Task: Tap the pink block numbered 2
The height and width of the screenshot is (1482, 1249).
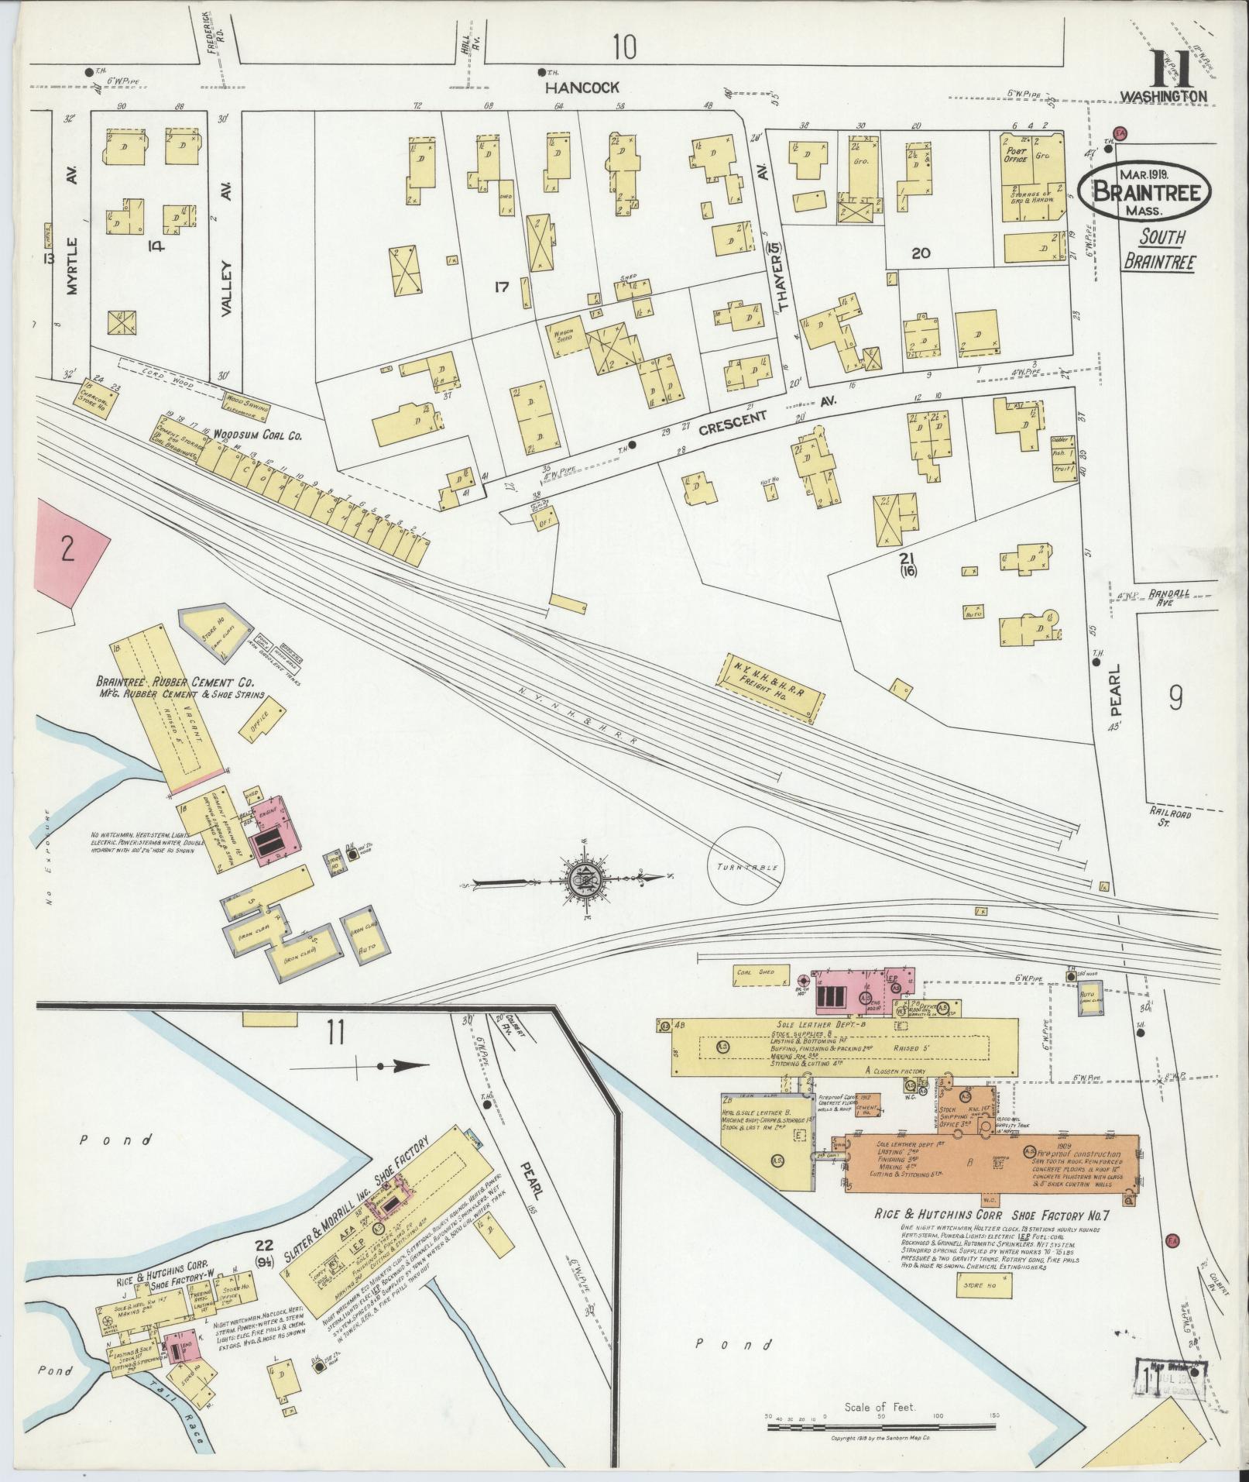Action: tap(68, 551)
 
